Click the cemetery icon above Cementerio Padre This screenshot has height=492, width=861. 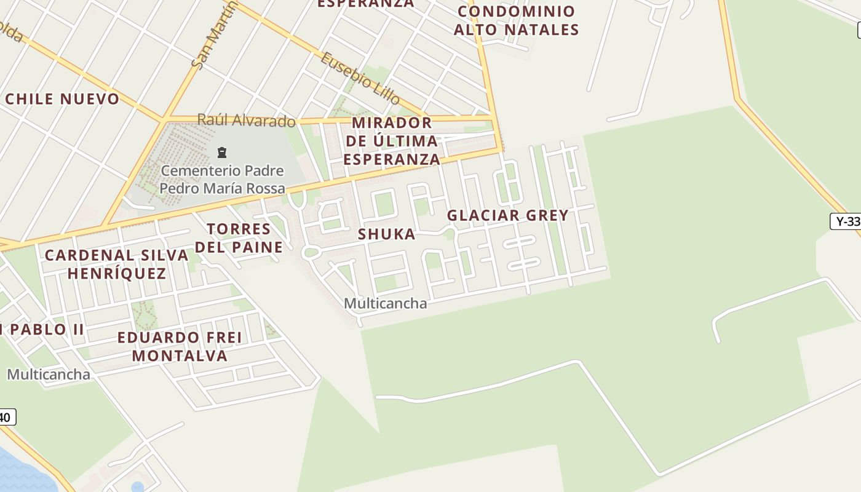[x=222, y=153]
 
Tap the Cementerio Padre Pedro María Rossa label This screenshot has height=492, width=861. [x=222, y=179]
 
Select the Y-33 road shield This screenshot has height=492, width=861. [x=847, y=221]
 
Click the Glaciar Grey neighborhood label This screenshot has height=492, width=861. [x=507, y=215]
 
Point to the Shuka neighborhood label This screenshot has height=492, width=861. [x=387, y=234]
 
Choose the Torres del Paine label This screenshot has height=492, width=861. [x=239, y=238]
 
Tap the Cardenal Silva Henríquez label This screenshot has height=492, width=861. [x=117, y=264]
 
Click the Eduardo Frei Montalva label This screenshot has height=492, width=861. [x=180, y=346]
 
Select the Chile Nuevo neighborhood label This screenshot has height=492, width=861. [x=62, y=99]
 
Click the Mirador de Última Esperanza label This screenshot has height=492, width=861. [x=392, y=141]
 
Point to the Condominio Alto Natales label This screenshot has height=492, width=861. [x=517, y=20]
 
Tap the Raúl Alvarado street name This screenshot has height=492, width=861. [x=246, y=121]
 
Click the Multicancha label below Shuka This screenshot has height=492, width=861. [x=385, y=303]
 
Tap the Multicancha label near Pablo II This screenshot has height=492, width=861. [x=49, y=374]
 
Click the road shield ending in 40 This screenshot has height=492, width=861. [x=6, y=417]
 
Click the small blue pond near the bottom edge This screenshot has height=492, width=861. [x=138, y=487]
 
